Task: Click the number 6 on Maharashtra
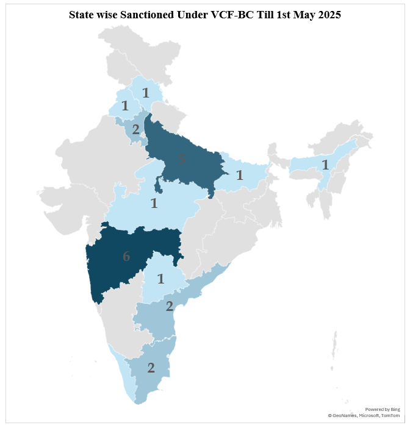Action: click(x=126, y=257)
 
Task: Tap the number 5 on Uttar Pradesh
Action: click(x=181, y=160)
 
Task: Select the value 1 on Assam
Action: click(x=325, y=165)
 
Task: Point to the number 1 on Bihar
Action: click(x=240, y=176)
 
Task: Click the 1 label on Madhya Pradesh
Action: click(x=154, y=204)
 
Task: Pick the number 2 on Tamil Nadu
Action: click(x=151, y=368)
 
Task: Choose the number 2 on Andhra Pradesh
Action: click(x=170, y=306)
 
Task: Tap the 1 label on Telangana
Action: click(x=161, y=279)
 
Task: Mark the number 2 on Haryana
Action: click(x=135, y=129)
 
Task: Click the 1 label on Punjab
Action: click(x=125, y=105)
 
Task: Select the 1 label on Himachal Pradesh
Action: click(x=146, y=93)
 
